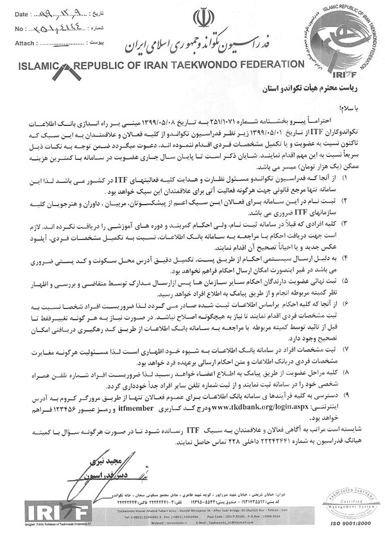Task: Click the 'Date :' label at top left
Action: [x=20, y=13]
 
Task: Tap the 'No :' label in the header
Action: [x=18, y=29]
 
